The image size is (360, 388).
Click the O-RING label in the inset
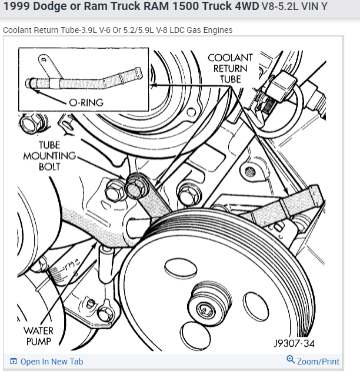86,102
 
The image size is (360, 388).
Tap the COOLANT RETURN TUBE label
230,68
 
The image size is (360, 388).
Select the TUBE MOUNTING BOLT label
50,155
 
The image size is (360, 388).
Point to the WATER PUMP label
38,336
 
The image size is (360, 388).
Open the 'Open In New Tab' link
52,362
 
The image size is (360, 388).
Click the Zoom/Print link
318,362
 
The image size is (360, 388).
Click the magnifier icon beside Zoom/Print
290,360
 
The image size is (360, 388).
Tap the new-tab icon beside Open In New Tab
14,362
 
